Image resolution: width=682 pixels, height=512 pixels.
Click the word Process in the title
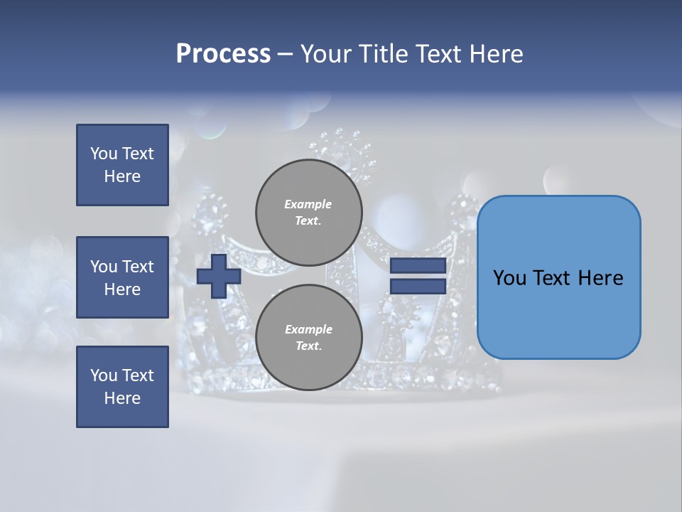pos(223,54)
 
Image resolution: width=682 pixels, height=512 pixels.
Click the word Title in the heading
pos(380,54)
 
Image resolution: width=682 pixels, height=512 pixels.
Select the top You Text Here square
pos(122,165)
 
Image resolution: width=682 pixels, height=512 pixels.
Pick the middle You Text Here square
pos(122,277)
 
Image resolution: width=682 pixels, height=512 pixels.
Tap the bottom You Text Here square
pos(122,387)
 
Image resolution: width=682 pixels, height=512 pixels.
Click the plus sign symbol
pos(219,276)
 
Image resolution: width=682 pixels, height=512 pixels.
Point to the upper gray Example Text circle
pos(308,213)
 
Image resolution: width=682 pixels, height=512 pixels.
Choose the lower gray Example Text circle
pos(308,338)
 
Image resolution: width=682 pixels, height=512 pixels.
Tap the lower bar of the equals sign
pos(418,286)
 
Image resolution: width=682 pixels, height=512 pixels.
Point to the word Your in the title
pos(326,54)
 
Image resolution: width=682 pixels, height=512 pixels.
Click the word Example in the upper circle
pos(308,204)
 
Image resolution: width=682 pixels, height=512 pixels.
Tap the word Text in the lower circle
pos(308,346)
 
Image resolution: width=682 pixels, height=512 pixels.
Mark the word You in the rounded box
pos(509,278)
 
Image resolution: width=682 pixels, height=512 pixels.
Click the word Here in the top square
pos(122,176)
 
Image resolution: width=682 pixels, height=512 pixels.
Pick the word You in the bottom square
pos(103,375)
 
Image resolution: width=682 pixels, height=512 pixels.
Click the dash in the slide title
pos(286,54)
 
